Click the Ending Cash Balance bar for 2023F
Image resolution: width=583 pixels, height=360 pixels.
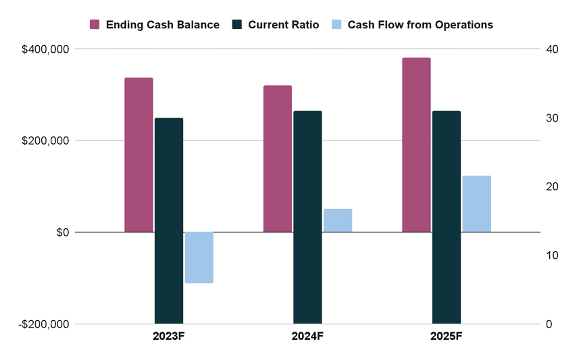138,155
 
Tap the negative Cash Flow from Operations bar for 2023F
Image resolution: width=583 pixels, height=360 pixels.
199,257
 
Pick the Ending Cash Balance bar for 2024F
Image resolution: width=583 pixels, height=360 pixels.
278,159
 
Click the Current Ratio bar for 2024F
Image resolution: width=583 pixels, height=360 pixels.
307,217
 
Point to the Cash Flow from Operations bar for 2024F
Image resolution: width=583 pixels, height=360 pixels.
338,221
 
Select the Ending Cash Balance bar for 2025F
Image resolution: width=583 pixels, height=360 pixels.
416,145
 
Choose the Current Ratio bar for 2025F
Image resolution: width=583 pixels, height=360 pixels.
447,217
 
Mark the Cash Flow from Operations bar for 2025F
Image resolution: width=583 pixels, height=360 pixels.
476,204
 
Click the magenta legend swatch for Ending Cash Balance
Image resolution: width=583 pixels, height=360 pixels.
95,25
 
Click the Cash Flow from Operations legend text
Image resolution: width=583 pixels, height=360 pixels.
420,25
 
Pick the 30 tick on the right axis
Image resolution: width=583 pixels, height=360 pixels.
553,118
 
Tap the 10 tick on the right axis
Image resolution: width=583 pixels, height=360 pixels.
553,255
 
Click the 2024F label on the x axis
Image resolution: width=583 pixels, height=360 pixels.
307,337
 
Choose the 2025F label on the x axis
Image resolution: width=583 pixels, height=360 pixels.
447,337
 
